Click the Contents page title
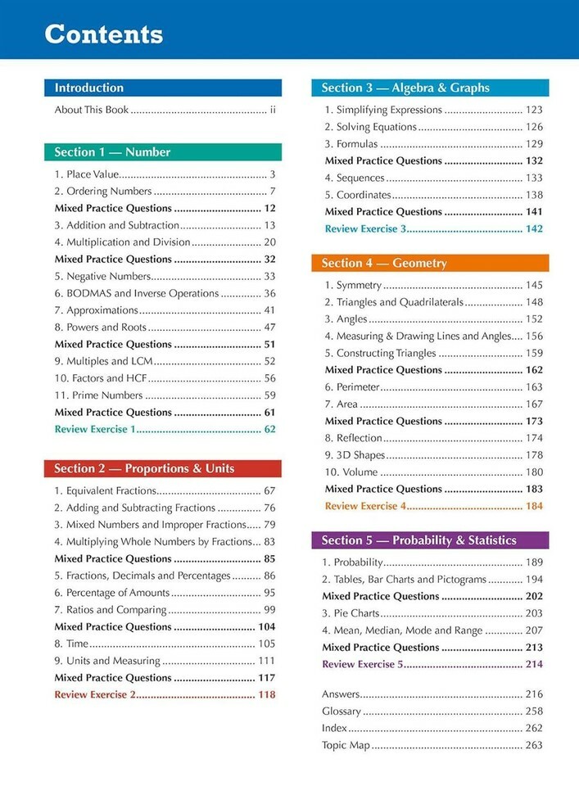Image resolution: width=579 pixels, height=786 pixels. (103, 34)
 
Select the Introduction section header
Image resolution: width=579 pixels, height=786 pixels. (88, 88)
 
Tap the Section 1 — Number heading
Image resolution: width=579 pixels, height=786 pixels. (112, 152)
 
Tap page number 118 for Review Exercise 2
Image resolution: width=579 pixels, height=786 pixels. (267, 694)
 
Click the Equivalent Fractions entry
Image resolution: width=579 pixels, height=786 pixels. (105, 491)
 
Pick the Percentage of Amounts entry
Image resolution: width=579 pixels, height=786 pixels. (112, 593)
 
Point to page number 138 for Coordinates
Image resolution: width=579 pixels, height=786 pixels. (534, 195)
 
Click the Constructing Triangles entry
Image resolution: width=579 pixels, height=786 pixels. (380, 353)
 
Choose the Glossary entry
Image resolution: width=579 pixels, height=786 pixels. (342, 711)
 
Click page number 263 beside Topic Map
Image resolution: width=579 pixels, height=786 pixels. (534, 745)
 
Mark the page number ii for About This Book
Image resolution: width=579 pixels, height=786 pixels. (273, 110)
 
